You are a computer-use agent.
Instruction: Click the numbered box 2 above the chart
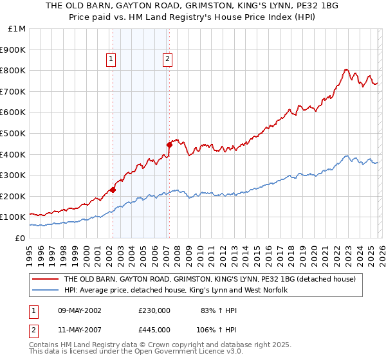(x=168, y=60)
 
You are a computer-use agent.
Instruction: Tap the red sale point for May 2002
(x=113, y=190)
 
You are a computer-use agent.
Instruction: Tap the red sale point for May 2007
(x=169, y=145)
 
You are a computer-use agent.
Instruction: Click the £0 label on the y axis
(x=20, y=238)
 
